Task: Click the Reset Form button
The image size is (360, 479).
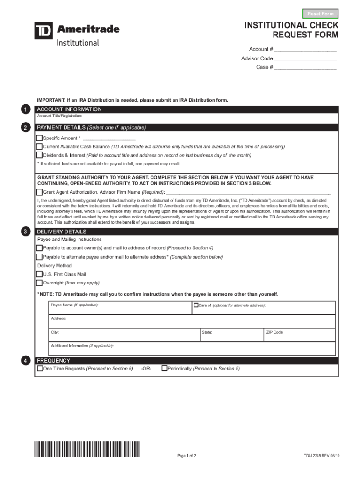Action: pos(320,14)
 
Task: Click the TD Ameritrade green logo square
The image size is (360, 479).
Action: pos(43,31)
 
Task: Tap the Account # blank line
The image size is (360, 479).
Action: pos(305,50)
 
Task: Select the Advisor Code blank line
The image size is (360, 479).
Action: pos(305,58)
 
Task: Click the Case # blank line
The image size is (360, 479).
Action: pos(305,67)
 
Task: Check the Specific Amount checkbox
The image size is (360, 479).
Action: pos(40,138)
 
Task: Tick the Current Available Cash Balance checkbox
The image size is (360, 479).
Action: pos(40,146)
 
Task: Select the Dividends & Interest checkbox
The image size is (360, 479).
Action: pos(40,155)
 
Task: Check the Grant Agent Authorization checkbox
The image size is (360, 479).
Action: pos(40,192)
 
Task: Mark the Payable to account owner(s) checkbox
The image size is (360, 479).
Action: pos(40,247)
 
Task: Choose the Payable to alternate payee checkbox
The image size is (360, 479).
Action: pos(40,257)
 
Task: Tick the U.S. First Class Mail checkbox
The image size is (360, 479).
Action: pos(40,274)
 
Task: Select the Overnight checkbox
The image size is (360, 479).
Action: pos(40,283)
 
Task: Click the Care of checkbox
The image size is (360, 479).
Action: pos(196,305)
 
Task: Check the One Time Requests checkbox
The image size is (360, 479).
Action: pos(40,369)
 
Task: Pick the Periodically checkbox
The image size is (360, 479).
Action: pos(164,369)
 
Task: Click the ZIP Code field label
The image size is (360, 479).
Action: pos(275,332)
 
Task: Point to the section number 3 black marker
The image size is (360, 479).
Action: pos(26,232)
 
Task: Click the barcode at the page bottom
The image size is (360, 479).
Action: pos(87,449)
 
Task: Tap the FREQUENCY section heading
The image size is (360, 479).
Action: pos(54,361)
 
